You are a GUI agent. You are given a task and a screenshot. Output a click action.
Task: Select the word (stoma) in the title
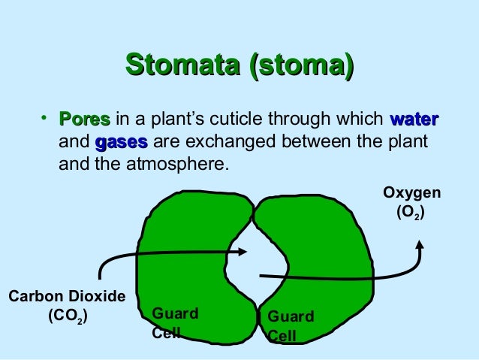pos(300,65)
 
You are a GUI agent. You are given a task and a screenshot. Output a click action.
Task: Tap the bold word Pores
pos(85,120)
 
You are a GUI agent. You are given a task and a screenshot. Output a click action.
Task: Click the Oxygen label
pos(411,193)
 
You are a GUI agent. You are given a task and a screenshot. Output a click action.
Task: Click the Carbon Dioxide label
pos(66,297)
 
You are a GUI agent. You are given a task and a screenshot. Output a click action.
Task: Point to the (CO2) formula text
pos(68,316)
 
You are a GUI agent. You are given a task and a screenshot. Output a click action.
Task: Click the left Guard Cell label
pos(174,322)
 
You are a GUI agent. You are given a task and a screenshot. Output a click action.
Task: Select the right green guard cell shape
pos(323,248)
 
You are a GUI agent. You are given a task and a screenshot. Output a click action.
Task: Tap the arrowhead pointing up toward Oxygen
pos(421,246)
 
